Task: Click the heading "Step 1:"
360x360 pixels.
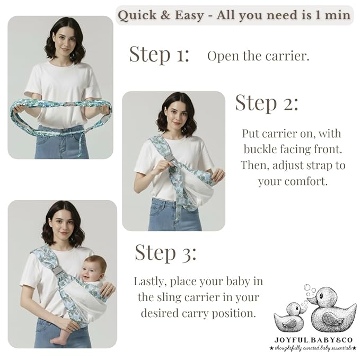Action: pos(159,54)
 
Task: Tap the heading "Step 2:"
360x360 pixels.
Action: pos(267,103)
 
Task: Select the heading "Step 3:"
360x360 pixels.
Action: pos(165,253)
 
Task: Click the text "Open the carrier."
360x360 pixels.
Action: pos(258,56)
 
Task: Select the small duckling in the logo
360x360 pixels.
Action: pos(289,317)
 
